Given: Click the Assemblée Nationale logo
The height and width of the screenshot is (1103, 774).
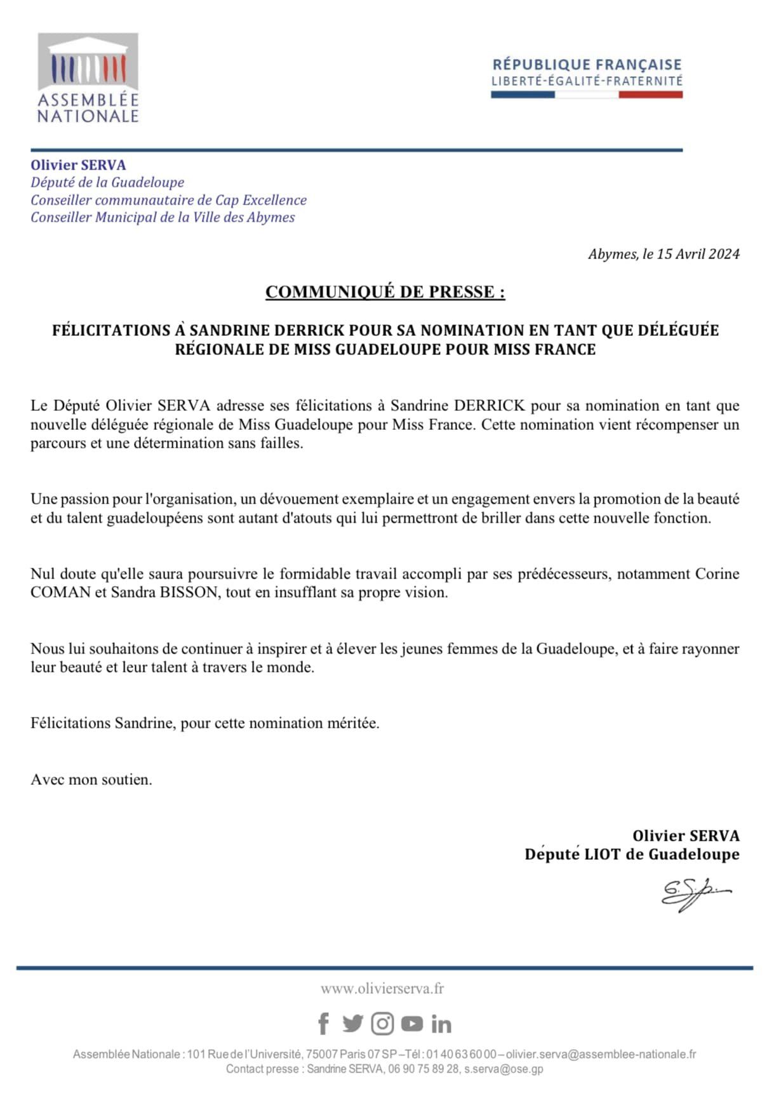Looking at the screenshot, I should click(88, 77).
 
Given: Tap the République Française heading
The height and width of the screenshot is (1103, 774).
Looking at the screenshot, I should click(587, 64).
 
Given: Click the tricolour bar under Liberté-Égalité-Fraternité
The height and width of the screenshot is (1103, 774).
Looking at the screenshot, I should click(587, 95).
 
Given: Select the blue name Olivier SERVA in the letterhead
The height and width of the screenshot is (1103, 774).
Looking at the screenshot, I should click(78, 165).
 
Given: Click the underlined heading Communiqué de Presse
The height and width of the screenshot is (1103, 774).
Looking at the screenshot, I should click(385, 292).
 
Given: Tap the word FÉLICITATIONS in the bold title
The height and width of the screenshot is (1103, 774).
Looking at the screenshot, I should click(111, 330).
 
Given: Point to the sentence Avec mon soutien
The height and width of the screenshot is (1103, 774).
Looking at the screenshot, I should click(91, 779).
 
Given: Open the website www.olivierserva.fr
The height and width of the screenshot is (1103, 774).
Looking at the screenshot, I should click(382, 988).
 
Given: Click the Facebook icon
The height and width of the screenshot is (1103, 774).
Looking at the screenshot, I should click(323, 1024).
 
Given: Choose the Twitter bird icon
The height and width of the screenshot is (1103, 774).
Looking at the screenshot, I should click(352, 1024).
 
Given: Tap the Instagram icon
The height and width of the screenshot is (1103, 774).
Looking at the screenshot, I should click(382, 1024).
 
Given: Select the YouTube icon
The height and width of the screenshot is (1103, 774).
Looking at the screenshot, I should click(412, 1024).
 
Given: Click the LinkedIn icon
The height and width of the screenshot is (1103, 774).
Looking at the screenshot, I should click(441, 1024).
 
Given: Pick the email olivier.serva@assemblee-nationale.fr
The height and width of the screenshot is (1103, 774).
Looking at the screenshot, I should click(601, 1054).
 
